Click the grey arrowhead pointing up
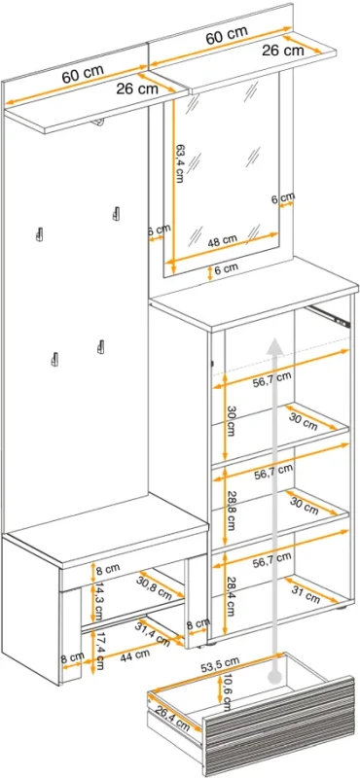273,345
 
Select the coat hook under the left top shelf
99,123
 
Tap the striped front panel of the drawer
280,722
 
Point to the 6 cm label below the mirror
228,267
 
